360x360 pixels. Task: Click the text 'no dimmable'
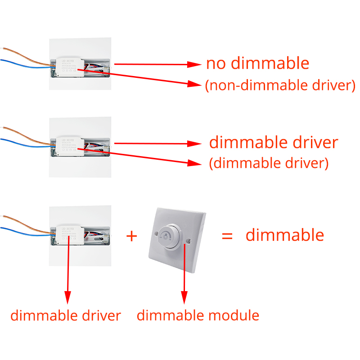tap(257, 63)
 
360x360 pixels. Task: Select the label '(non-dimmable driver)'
tap(280, 85)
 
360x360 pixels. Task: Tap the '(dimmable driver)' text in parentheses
tap(269, 163)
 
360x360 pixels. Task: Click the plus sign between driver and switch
tap(131, 235)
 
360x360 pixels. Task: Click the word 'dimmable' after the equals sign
tap(284, 235)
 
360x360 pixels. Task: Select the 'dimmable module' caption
tap(198, 315)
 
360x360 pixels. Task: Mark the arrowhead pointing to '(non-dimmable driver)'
tap(194, 84)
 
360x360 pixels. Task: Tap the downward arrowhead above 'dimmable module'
tap(184, 297)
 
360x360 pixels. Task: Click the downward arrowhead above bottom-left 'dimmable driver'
tap(67, 297)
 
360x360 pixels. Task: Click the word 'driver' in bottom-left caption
tap(102, 315)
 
